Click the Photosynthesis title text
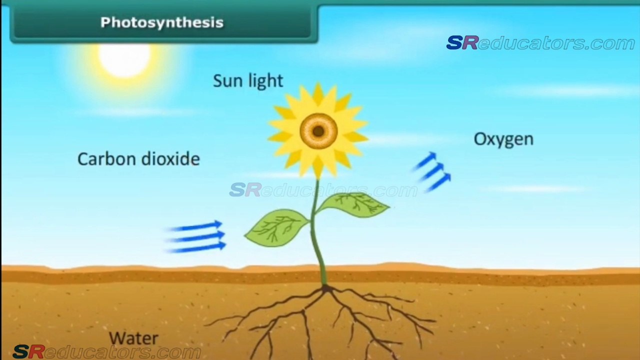coord(161,22)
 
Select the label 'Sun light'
coord(248,81)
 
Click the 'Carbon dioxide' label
coord(138,159)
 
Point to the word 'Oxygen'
coord(503,139)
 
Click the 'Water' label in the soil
coord(133,338)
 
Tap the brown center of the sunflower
coord(318,131)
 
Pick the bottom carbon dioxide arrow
coord(198,246)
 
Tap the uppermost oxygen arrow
coord(425,160)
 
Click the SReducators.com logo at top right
coord(540,43)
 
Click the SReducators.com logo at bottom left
coord(106,352)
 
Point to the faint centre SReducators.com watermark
coord(323,190)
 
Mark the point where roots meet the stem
coord(326,288)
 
